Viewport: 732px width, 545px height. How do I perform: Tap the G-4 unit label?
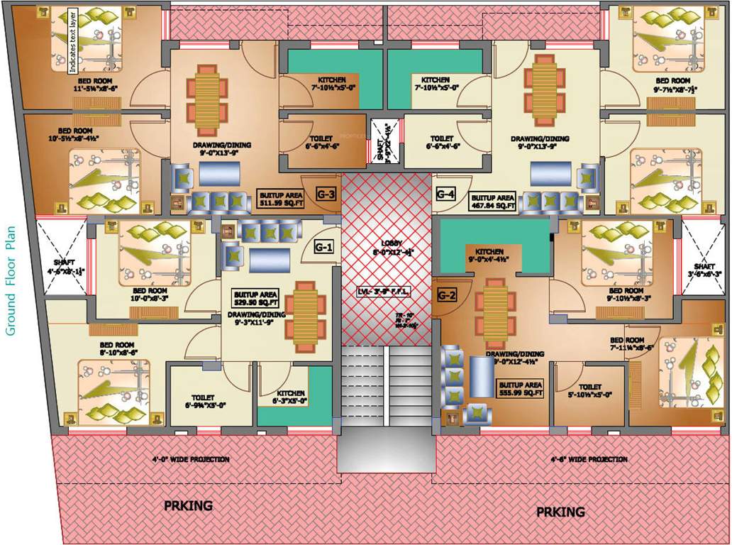(x=445, y=194)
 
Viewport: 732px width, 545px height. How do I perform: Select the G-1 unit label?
(x=323, y=248)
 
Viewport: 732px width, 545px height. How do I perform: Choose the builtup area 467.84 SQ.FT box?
(x=493, y=201)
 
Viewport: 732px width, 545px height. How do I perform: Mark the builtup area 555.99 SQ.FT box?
(x=520, y=387)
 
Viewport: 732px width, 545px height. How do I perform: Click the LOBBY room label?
(x=387, y=246)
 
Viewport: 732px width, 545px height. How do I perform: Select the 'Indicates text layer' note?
(x=72, y=43)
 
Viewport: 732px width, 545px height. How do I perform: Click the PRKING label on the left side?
(x=188, y=506)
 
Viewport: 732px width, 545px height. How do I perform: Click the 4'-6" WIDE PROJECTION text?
(x=589, y=459)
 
